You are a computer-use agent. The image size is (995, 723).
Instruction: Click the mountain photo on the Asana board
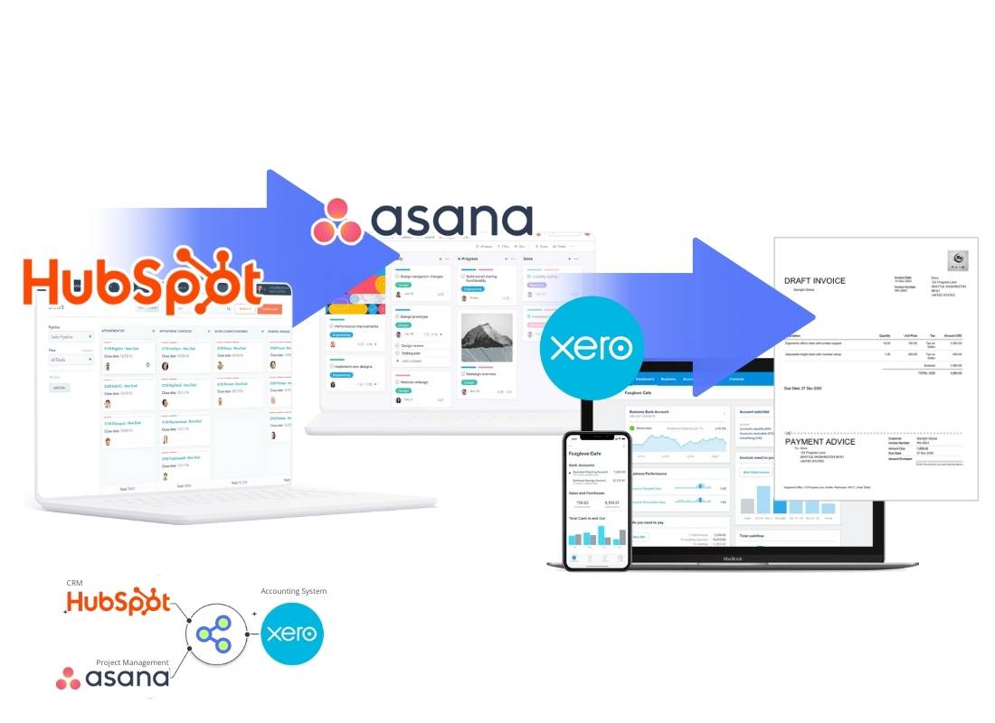click(x=487, y=337)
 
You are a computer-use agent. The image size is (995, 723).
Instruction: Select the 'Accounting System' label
click(x=293, y=591)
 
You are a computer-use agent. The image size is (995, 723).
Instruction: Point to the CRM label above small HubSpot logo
click(x=74, y=584)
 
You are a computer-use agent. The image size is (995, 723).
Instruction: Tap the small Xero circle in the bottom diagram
click(x=292, y=634)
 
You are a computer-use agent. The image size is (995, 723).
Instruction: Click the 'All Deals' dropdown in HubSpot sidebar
click(x=71, y=359)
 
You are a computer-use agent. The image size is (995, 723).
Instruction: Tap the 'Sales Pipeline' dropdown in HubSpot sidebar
click(x=71, y=336)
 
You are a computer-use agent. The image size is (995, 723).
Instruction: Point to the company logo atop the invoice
click(x=957, y=260)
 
